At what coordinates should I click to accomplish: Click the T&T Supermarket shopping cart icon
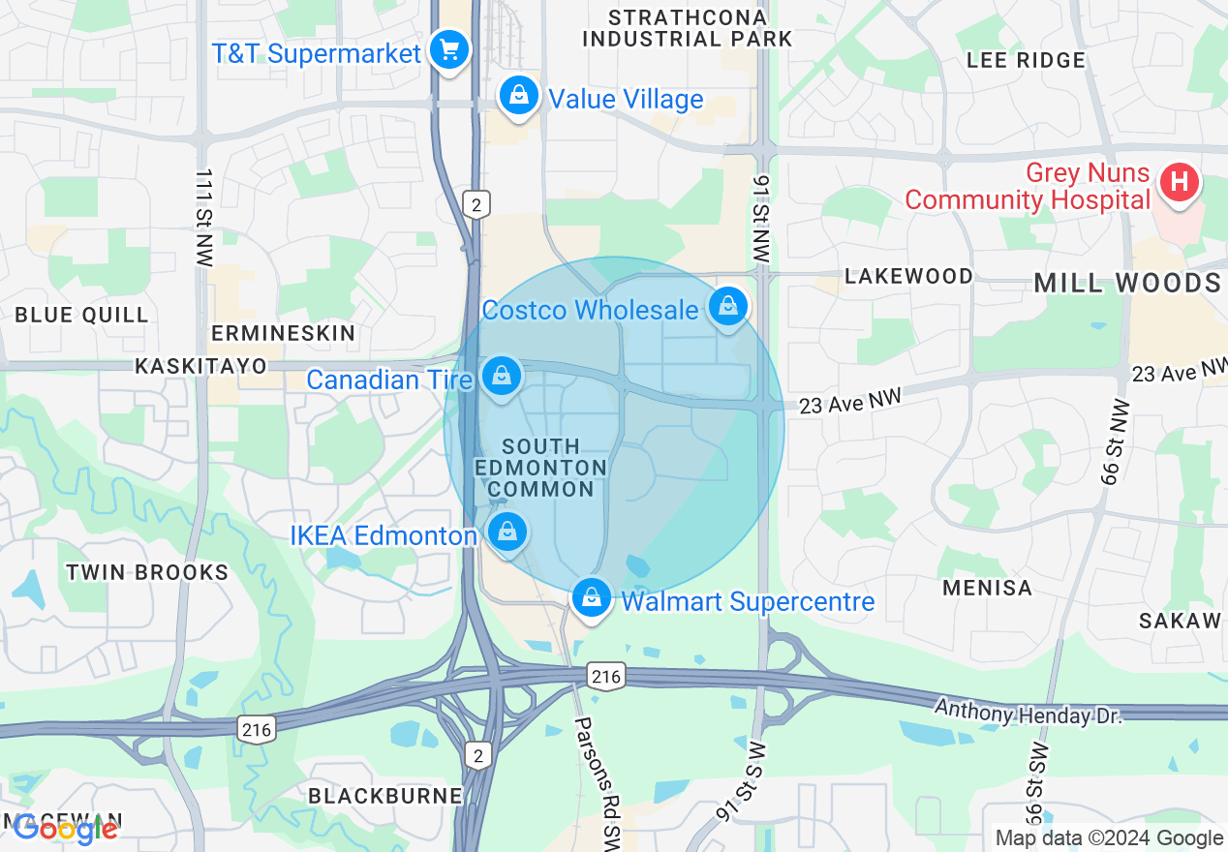(x=448, y=48)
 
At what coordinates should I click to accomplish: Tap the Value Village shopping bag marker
(x=518, y=96)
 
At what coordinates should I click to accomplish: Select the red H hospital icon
(x=1179, y=181)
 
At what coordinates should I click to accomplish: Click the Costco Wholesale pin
(x=727, y=307)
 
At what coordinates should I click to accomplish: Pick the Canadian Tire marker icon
(x=501, y=377)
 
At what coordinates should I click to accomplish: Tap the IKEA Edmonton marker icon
(x=507, y=531)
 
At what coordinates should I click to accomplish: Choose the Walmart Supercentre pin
(x=591, y=598)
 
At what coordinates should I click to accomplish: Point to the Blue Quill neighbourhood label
(x=81, y=315)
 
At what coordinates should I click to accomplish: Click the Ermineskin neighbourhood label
(x=284, y=333)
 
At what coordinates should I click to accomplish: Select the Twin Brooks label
(x=147, y=572)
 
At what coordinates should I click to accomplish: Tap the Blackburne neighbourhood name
(x=384, y=796)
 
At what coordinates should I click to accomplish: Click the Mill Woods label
(x=1126, y=283)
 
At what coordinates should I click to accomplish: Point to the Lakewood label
(x=908, y=276)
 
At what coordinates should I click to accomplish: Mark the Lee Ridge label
(x=1026, y=60)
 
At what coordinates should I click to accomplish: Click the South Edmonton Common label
(x=540, y=468)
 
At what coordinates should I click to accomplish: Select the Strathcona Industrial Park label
(x=688, y=28)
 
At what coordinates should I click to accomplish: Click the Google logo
(x=66, y=828)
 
